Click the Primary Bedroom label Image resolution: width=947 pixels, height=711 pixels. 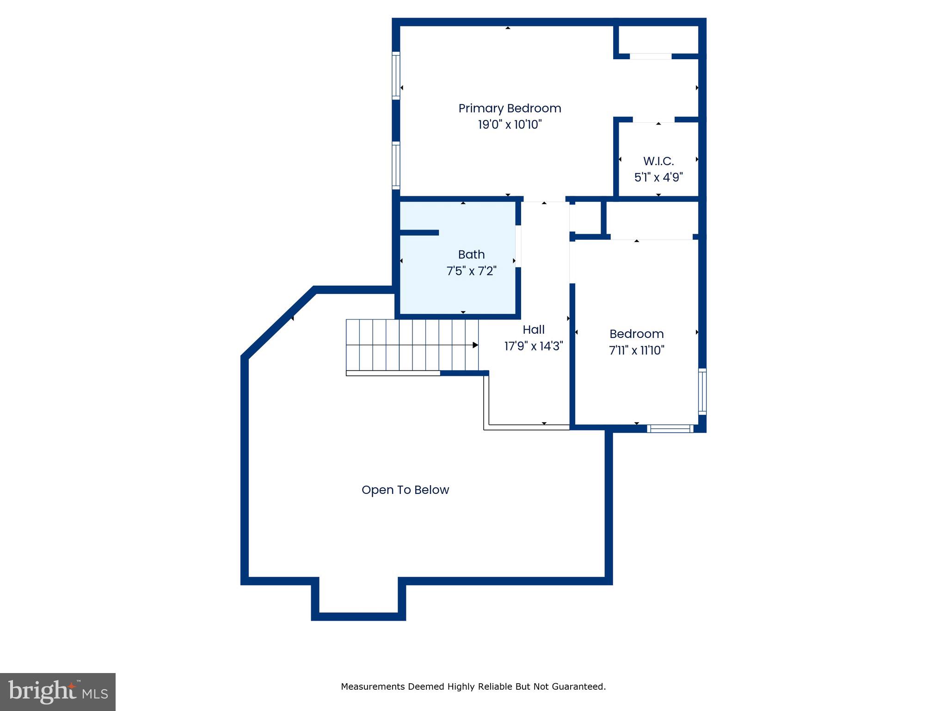(x=510, y=108)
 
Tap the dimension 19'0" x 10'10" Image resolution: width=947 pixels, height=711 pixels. (x=510, y=125)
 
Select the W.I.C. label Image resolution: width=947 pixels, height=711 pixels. (x=658, y=161)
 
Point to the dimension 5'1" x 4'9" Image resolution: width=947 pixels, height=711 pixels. (x=658, y=177)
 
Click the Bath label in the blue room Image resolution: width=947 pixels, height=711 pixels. (x=471, y=255)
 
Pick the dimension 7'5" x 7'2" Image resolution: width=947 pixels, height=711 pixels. (x=471, y=271)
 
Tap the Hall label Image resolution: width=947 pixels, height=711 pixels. (x=534, y=330)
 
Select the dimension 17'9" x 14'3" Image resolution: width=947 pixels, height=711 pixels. (x=534, y=346)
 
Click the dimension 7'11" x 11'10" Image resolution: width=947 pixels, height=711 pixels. (x=637, y=350)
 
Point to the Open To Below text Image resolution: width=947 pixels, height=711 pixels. (x=405, y=490)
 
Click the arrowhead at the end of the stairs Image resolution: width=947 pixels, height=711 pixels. (x=475, y=345)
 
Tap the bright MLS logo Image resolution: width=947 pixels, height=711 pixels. (x=58, y=692)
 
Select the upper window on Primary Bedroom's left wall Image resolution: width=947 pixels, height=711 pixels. (x=396, y=75)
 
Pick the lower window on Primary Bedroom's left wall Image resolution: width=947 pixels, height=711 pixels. (x=396, y=165)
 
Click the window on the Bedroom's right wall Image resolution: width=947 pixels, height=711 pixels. (x=702, y=391)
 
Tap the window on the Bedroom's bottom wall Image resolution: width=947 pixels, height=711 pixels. (x=670, y=429)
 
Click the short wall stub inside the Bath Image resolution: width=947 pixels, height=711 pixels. (x=419, y=232)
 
